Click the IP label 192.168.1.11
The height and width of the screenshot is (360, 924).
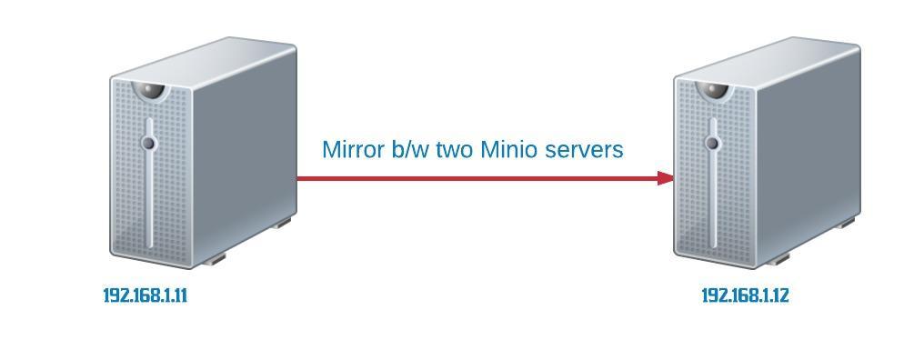(x=145, y=295)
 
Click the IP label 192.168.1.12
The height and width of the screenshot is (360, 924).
(x=745, y=295)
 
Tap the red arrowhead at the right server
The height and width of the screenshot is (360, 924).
(x=666, y=178)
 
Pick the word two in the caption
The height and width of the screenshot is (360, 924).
(x=455, y=151)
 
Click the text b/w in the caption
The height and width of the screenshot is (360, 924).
(x=410, y=150)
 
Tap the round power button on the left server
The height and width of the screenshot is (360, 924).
(x=148, y=143)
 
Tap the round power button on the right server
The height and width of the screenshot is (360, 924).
(x=712, y=143)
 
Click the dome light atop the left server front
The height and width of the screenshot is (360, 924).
(x=150, y=91)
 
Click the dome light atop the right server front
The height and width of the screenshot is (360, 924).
(x=714, y=91)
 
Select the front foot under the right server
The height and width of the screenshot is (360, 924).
(x=778, y=259)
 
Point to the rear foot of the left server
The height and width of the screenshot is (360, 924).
(x=282, y=223)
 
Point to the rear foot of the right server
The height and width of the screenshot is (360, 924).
(x=846, y=223)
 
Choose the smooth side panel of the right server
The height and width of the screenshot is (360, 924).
(x=808, y=156)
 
